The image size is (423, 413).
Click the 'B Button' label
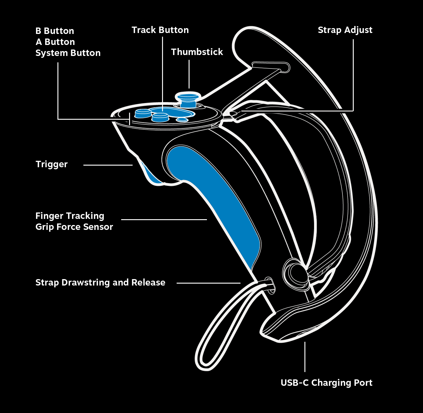click(55, 31)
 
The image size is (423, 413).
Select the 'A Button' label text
click(55, 42)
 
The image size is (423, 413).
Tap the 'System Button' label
click(68, 53)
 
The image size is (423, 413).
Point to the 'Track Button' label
click(160, 30)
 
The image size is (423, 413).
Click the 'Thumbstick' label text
click(197, 52)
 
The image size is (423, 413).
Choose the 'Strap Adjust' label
click(345, 30)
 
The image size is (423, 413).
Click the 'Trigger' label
click(52, 164)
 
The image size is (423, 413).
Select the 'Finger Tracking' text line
click(70, 216)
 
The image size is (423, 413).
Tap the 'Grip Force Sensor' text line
click(74, 227)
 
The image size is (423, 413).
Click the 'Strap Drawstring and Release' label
click(100, 282)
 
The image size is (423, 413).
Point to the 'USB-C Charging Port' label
click(326, 383)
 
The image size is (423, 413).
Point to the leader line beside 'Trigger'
click(108, 165)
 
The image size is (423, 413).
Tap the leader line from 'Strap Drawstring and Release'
click(208, 283)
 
